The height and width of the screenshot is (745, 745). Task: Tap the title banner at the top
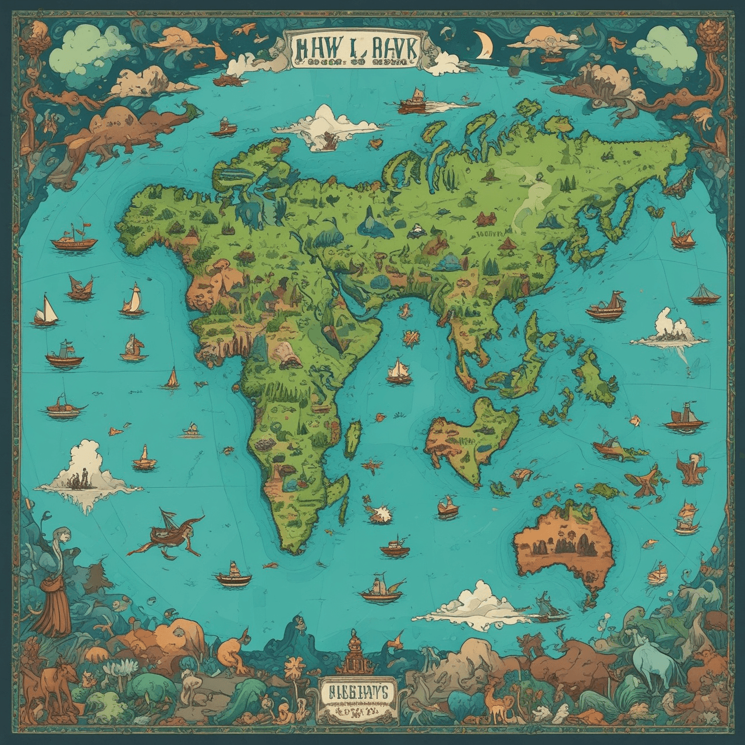(353, 52)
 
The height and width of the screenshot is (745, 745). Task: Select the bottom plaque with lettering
(357, 695)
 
